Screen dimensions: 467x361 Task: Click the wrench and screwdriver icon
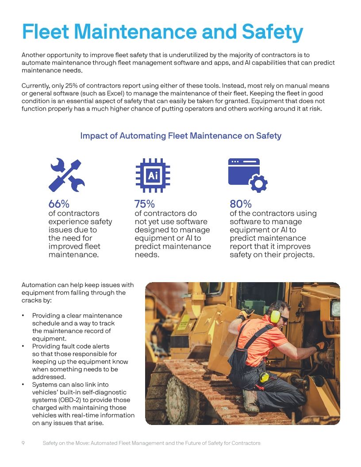pos(66,175)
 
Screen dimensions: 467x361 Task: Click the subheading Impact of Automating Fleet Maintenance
pos(180,136)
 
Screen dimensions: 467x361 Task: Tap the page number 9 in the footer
pos(23,443)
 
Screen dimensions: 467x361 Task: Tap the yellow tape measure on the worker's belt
pos(264,377)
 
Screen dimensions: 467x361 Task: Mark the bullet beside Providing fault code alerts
pos(23,346)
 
